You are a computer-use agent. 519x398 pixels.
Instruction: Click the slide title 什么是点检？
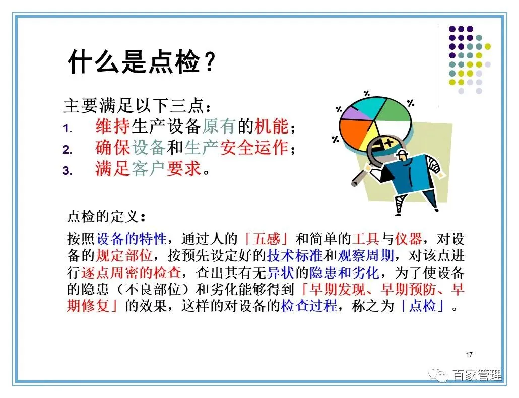click(142, 62)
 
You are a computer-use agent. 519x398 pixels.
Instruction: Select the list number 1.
click(67, 128)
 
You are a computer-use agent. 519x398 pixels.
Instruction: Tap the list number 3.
click(67, 171)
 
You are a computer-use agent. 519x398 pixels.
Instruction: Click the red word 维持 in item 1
click(112, 126)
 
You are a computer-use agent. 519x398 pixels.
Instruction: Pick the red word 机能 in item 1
click(272, 126)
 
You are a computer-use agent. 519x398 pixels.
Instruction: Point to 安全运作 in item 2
click(254, 148)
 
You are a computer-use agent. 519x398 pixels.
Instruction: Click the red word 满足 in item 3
click(112, 169)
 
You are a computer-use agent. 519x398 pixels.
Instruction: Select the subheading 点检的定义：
click(106, 217)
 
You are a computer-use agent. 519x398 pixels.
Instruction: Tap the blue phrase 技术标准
click(295, 256)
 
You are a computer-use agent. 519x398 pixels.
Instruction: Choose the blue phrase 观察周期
click(365, 256)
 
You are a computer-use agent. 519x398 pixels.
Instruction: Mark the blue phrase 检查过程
click(309, 306)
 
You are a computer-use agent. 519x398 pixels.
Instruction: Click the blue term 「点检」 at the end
click(422, 306)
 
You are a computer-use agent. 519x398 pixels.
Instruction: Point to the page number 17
click(469, 355)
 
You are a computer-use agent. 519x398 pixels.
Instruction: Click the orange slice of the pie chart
click(354, 132)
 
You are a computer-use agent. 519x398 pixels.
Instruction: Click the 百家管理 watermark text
click(476, 375)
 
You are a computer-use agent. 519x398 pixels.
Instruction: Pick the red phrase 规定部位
click(124, 256)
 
